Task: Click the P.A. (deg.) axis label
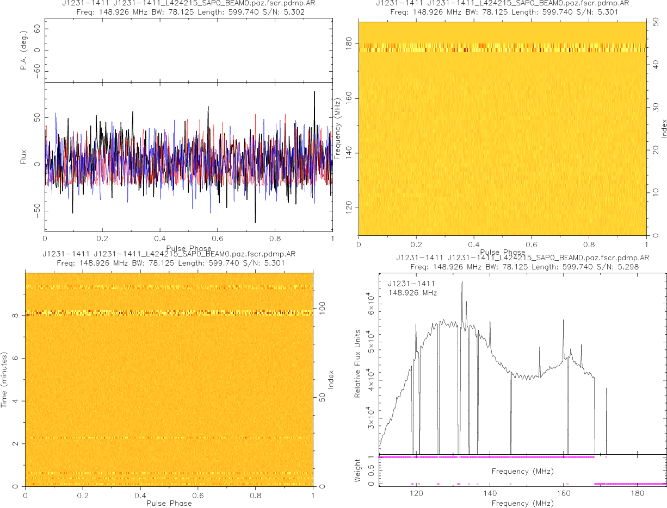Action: [23, 51]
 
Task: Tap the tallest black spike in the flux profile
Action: [314, 92]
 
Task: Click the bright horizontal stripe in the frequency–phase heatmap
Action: [502, 48]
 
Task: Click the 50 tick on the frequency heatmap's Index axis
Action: [656, 23]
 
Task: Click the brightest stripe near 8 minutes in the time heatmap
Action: [169, 313]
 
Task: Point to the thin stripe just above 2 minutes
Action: [169, 437]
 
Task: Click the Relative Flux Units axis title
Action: [358, 363]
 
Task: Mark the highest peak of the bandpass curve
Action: [462, 281]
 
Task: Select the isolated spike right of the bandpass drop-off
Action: [607, 389]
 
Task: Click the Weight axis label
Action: [358, 471]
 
